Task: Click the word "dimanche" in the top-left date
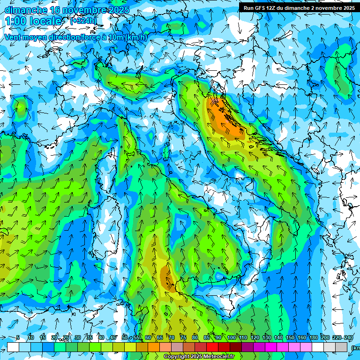23,9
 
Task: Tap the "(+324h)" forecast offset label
83,21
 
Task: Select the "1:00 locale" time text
34,21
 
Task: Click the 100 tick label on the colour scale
232,337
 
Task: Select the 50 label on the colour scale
124,337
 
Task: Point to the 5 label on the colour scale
18,337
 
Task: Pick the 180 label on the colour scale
313,337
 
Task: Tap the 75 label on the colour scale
183,337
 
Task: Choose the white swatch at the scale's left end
13,347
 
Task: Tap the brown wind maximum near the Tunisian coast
166,277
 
